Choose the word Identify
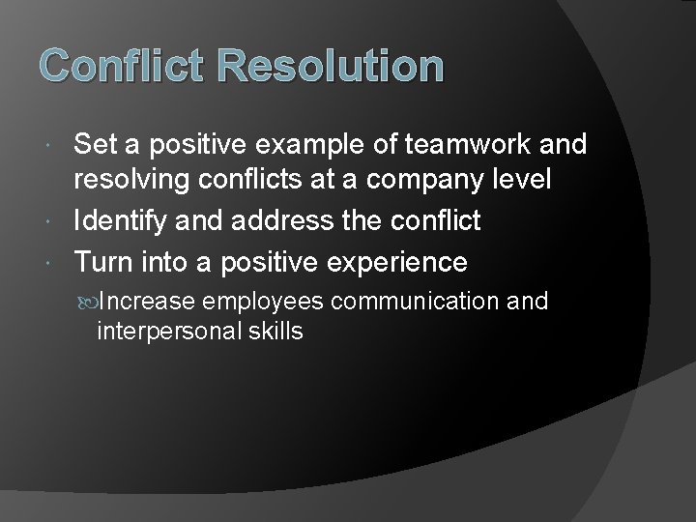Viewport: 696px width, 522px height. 121,222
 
